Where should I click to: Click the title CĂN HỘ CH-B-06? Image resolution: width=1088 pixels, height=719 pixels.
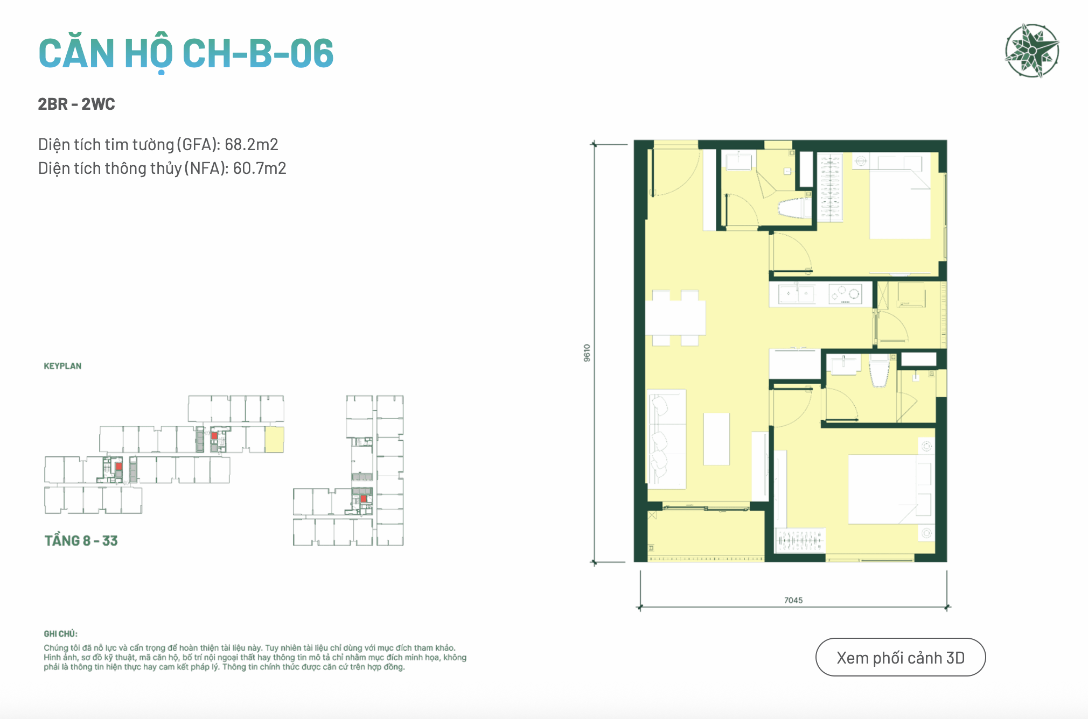pyautogui.click(x=186, y=54)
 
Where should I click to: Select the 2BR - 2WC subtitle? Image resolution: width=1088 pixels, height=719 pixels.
pyautogui.click(x=76, y=104)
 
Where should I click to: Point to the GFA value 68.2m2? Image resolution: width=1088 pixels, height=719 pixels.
pyautogui.click(x=252, y=144)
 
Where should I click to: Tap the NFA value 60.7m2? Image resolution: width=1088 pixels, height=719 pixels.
pyautogui.click(x=260, y=168)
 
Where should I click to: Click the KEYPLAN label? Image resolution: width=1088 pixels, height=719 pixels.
pyautogui.click(x=62, y=366)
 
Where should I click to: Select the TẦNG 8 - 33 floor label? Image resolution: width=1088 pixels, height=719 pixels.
pyautogui.click(x=81, y=541)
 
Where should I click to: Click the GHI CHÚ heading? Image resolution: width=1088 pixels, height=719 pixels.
pyautogui.click(x=60, y=634)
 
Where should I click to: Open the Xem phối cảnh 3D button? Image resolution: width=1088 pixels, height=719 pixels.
pyautogui.click(x=901, y=657)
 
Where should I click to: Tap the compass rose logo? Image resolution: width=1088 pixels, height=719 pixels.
pyautogui.click(x=1032, y=51)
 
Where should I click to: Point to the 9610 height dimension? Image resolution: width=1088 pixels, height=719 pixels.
pyautogui.click(x=587, y=353)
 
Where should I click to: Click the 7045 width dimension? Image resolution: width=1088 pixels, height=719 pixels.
pyautogui.click(x=793, y=600)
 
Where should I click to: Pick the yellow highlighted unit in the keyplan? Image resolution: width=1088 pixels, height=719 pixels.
pyautogui.click(x=274, y=439)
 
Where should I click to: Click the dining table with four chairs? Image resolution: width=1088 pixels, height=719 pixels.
pyautogui.click(x=675, y=318)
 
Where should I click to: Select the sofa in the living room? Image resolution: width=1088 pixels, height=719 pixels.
pyautogui.click(x=666, y=439)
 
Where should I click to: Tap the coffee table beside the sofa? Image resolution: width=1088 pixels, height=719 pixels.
pyautogui.click(x=716, y=439)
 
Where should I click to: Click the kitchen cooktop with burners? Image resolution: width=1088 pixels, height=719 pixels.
pyautogui.click(x=845, y=294)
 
